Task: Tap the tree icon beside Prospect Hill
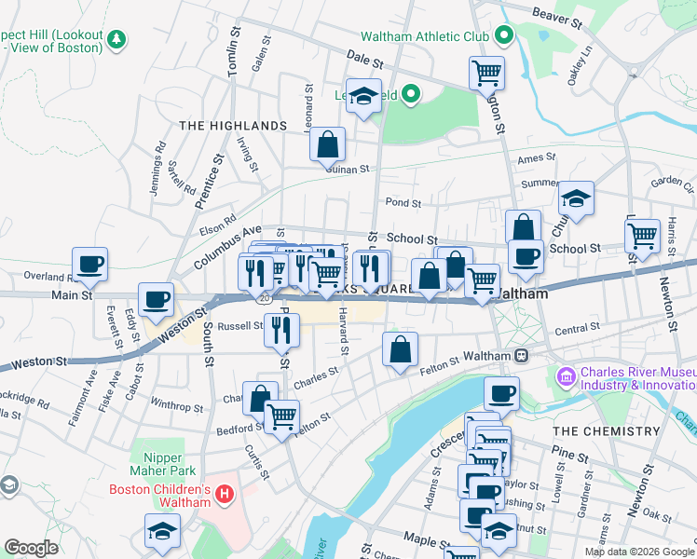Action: (116, 39)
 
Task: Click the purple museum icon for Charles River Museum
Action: (565, 377)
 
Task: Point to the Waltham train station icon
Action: (522, 356)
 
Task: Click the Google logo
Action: (31, 548)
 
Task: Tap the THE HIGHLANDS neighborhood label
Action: (233, 126)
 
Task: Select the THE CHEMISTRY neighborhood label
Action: (606, 431)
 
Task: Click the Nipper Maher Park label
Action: (171, 464)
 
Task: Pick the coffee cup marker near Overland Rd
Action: (89, 265)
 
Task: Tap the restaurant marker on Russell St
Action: (281, 329)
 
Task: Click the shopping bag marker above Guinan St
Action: (328, 144)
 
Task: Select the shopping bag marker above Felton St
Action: (400, 350)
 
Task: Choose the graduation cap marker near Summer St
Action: (577, 199)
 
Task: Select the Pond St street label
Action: (403, 202)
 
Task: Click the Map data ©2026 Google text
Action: (639, 552)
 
